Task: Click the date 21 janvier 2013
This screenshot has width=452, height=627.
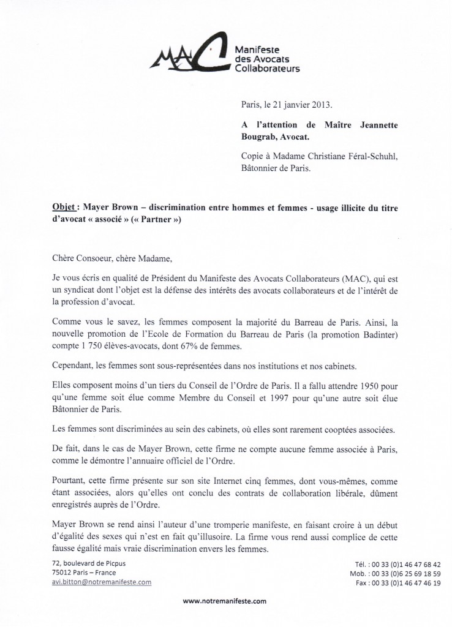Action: pos(303,105)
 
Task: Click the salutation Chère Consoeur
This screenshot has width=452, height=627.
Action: pos(86,258)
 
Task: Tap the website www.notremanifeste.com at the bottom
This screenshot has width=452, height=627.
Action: pos(225,601)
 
